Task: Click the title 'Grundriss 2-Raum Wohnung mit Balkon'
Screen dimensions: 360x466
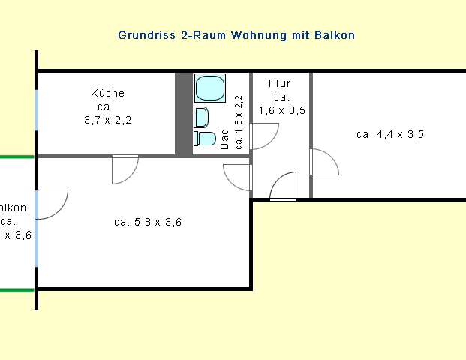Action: click(x=236, y=35)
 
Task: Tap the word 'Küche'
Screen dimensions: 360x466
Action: click(x=107, y=94)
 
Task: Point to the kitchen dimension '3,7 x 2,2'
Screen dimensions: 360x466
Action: click(x=107, y=120)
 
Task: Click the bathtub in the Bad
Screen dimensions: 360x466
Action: click(x=210, y=88)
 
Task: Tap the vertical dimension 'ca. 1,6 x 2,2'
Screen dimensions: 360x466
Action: click(x=239, y=123)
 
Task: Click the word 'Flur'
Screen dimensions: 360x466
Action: click(x=280, y=84)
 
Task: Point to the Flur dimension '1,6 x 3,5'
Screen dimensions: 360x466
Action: click(x=281, y=110)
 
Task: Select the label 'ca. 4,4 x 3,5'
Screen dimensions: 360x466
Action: click(x=390, y=135)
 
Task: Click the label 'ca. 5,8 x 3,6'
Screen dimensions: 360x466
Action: click(x=148, y=222)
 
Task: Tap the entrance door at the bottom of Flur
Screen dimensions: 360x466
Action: click(x=284, y=188)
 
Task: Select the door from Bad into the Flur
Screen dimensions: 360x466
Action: click(x=263, y=134)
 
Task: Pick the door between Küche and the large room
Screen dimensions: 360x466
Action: click(x=125, y=169)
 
